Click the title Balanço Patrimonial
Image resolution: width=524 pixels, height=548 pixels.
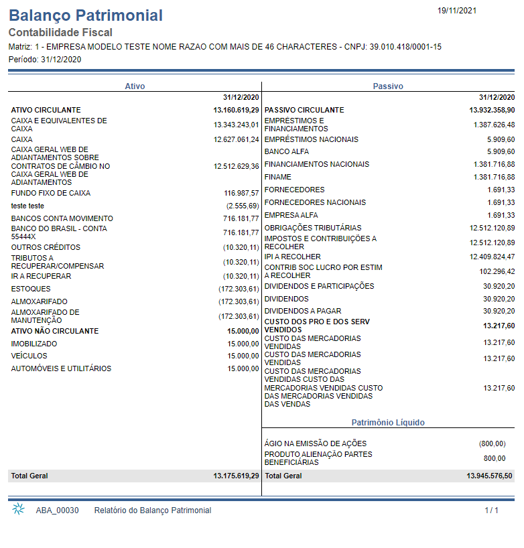point(86,15)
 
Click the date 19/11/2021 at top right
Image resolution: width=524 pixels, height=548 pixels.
point(457,11)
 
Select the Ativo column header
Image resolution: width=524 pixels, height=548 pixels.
point(135,86)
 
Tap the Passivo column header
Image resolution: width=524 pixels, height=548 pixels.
point(388,86)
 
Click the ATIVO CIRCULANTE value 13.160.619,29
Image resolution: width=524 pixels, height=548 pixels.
point(236,110)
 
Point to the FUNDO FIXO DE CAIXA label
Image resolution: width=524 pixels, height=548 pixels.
point(51,193)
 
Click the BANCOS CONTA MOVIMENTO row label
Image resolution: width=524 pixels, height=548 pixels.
point(62,218)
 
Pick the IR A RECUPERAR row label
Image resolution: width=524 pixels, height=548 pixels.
point(41,276)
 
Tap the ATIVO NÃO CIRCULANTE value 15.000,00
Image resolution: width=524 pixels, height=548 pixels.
point(243,331)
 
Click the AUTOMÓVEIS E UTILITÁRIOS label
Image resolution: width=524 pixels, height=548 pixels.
point(61,368)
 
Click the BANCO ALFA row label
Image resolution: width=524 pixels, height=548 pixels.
point(287,151)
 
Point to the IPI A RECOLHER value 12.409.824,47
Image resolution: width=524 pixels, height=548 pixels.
point(492,257)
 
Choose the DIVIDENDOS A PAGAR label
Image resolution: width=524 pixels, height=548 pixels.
point(303,311)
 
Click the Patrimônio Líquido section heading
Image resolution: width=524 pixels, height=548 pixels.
point(388,423)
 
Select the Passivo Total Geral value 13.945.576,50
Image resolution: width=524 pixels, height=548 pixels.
point(489,476)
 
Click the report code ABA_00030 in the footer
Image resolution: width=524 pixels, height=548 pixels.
point(58,510)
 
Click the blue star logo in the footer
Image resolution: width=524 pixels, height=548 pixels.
point(19,509)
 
